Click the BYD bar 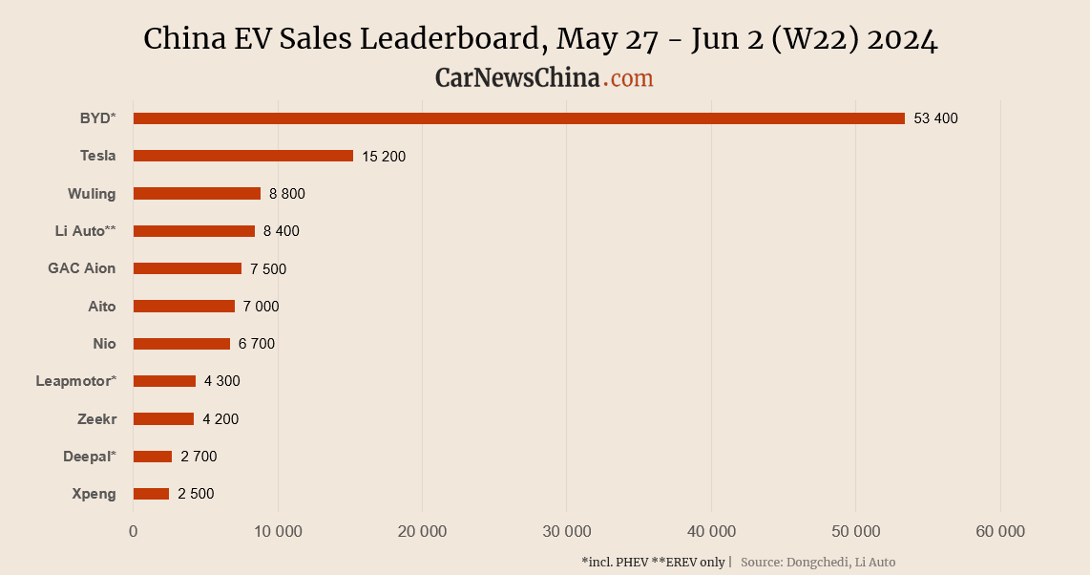coord(518,118)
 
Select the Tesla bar coord(242,156)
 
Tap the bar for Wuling coord(197,194)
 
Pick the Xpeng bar coord(151,494)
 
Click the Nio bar coord(181,344)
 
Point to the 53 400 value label coord(935,118)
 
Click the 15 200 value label coord(384,156)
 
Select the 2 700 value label coord(199,457)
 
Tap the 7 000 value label coord(261,307)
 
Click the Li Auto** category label coord(85,231)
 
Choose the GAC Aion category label coord(81,268)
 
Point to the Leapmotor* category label coord(75,381)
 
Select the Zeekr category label coord(96,418)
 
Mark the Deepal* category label coord(89,457)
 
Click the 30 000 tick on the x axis coord(566,531)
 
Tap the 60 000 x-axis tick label coord(999,531)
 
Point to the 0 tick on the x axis coord(133,531)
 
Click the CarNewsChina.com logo coord(544,78)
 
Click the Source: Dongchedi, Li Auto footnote coord(818,563)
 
